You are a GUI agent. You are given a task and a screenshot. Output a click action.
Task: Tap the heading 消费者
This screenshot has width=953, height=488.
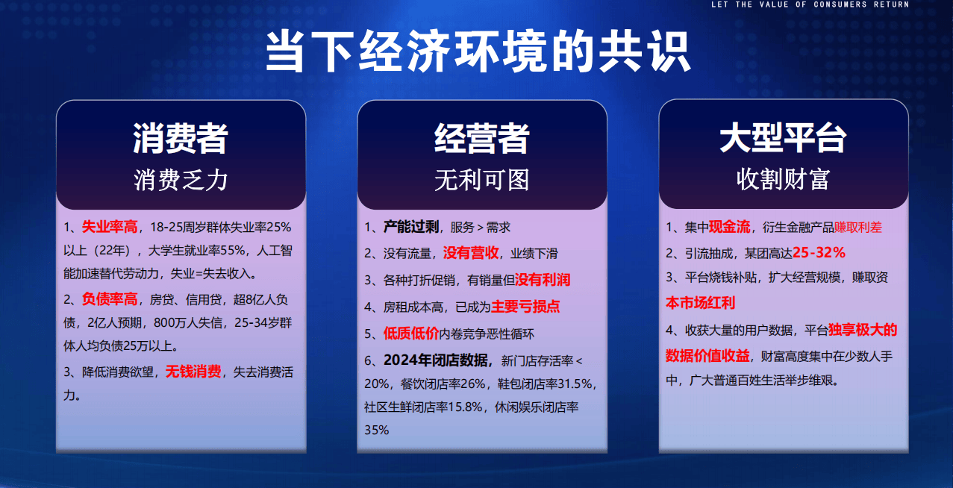click(181, 138)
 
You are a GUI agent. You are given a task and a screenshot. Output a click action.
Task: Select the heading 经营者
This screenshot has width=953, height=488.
click(481, 138)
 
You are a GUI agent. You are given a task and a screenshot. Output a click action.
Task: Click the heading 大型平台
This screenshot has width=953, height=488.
click(784, 138)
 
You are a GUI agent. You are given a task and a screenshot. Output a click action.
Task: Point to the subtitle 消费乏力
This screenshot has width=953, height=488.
click(181, 180)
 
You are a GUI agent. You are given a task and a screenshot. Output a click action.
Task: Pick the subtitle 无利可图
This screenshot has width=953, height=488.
click(481, 180)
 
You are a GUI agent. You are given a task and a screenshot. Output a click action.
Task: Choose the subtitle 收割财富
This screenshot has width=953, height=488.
click(784, 179)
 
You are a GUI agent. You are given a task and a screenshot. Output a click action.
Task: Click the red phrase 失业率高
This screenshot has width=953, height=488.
click(110, 227)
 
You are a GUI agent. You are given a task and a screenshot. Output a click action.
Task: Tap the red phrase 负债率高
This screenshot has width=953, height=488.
click(110, 299)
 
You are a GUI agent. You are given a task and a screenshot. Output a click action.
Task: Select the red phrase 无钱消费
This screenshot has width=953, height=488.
click(193, 372)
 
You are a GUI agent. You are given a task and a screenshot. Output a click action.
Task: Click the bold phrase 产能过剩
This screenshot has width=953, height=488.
click(411, 227)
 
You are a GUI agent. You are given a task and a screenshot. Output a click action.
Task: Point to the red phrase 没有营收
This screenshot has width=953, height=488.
click(471, 253)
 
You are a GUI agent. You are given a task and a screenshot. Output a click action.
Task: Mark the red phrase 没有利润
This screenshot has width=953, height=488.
click(543, 280)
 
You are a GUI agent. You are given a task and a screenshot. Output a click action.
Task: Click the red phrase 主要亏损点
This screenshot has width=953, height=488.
click(525, 307)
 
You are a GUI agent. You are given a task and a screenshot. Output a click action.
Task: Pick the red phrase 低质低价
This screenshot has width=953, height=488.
click(411, 333)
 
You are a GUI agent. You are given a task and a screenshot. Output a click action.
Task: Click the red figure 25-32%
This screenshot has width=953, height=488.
click(819, 253)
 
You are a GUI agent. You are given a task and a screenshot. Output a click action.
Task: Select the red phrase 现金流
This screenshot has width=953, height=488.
click(729, 227)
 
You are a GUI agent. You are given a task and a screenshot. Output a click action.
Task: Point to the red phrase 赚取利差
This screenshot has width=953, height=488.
click(857, 228)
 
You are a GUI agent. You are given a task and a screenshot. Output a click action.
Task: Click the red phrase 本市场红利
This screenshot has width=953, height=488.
click(700, 303)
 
